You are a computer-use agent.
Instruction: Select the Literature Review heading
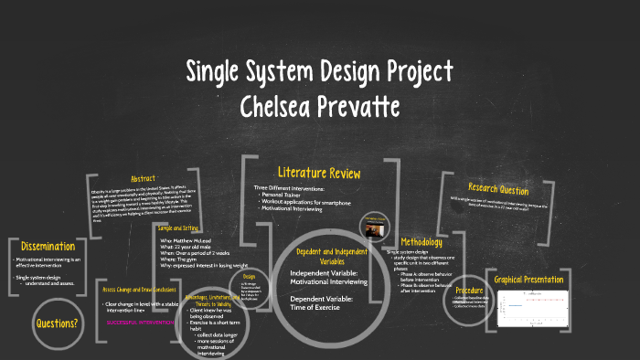point(319,173)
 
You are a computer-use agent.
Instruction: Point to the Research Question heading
point(497,190)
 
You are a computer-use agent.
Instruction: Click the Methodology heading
point(420,241)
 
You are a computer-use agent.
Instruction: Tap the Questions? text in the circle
point(57,323)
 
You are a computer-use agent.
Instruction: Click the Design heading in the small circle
point(248,275)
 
